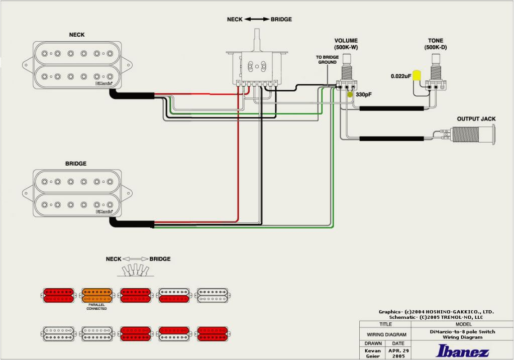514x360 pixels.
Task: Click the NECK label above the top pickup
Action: [77, 35]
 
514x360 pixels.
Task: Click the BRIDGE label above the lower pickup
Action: [76, 164]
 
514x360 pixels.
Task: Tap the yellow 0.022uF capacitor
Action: [417, 76]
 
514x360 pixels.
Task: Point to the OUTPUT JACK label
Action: [476, 119]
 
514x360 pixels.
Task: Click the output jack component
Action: [472, 135]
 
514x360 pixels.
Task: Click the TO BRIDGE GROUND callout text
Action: [327, 60]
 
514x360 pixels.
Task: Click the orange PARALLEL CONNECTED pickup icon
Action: [97, 295]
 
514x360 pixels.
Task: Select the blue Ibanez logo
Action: [462, 350]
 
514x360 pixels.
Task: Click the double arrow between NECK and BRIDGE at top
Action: [257, 20]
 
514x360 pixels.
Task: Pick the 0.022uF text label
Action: [401, 76]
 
